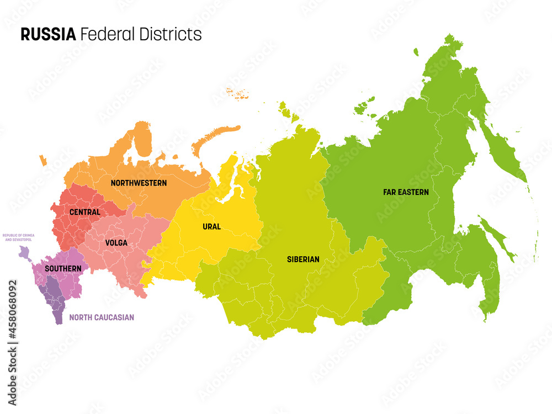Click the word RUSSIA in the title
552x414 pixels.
pos(48,34)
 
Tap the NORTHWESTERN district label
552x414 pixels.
pos(139,183)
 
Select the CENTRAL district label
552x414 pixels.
pos(85,212)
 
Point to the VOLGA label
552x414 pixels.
pos(116,243)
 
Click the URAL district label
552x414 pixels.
pos(211,227)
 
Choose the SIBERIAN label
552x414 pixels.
pos(303,259)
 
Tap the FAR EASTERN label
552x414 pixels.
pos(406,193)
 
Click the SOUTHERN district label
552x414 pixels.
pos(63,269)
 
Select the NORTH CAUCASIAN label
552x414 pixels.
pos(102,317)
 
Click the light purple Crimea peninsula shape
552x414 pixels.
pos(24,253)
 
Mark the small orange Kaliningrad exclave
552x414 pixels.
pos(43,161)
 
